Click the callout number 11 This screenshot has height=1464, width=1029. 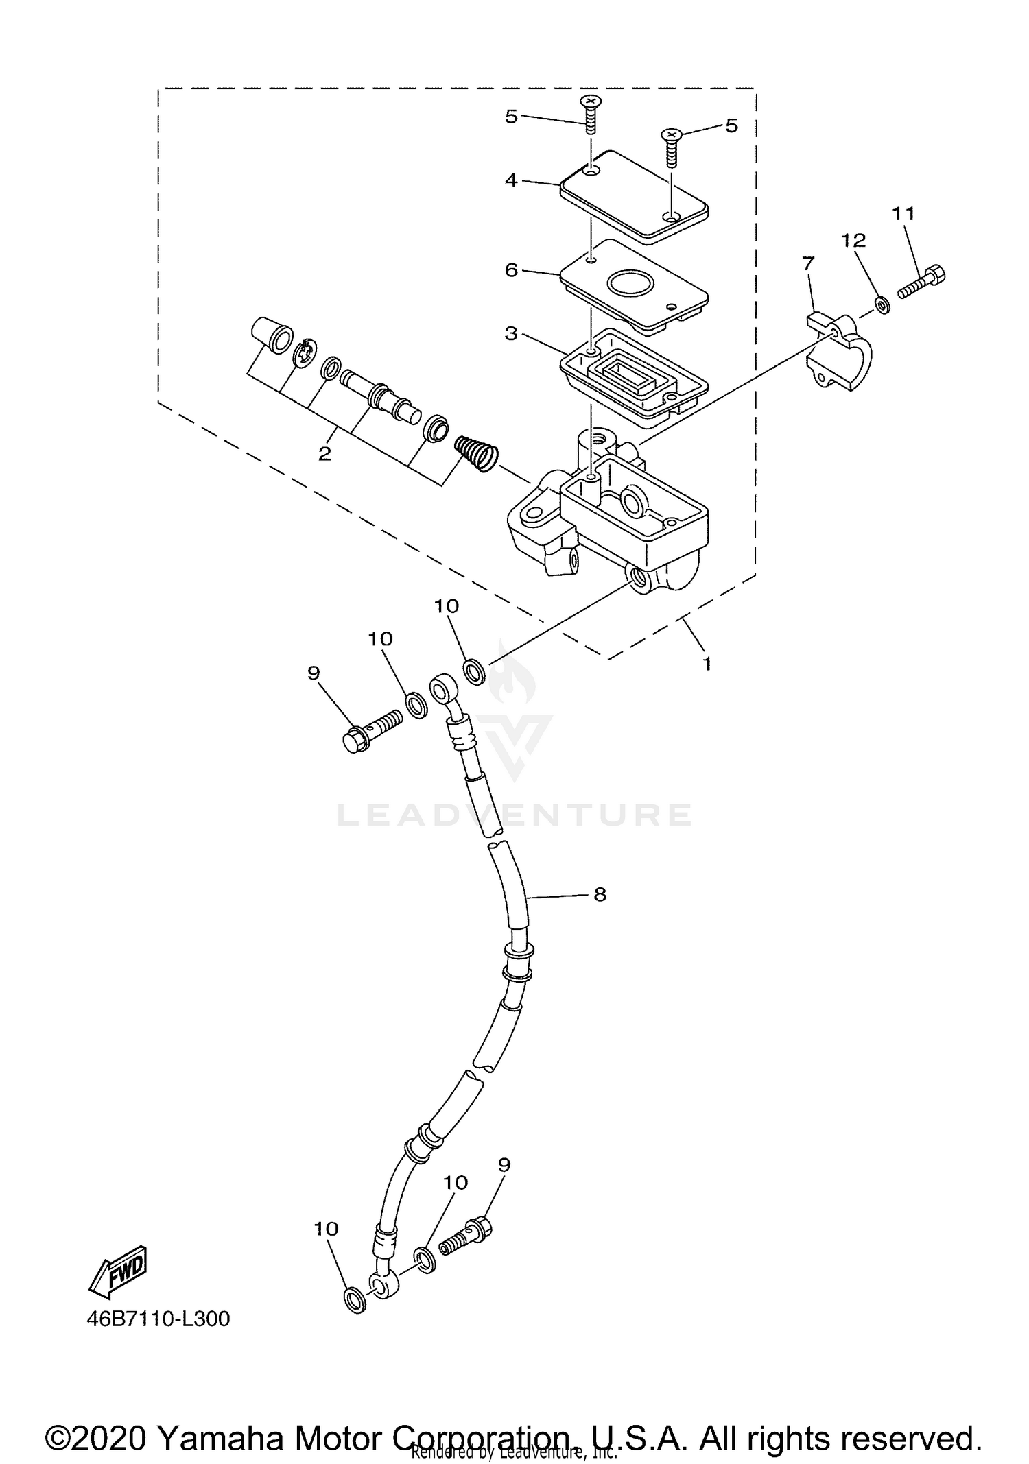(x=903, y=214)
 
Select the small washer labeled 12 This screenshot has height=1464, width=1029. (x=883, y=304)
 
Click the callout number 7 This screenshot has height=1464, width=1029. (x=808, y=263)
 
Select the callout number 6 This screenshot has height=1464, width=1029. (x=511, y=270)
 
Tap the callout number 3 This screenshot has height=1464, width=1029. (x=511, y=334)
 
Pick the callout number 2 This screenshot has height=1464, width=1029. (x=324, y=453)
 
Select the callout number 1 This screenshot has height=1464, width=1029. (x=707, y=663)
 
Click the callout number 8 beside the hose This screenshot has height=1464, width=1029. (x=600, y=894)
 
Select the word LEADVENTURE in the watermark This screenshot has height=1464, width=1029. (x=514, y=815)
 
